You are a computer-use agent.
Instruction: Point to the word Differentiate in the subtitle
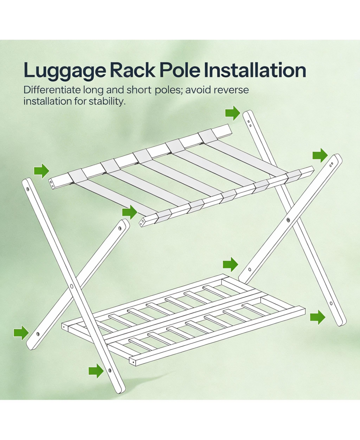[x=52, y=90]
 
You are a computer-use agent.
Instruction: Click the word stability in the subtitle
[x=107, y=102]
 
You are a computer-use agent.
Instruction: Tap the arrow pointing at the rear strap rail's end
[x=42, y=171]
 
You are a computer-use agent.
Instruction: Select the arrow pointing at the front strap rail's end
[x=130, y=212]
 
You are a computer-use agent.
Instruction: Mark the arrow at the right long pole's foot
[x=318, y=317]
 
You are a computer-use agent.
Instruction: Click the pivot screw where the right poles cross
[x=288, y=220]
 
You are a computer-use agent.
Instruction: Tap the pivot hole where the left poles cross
[x=71, y=286]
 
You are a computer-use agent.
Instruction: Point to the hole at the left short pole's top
[x=120, y=228]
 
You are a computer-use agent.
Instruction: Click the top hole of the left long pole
[x=28, y=189]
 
